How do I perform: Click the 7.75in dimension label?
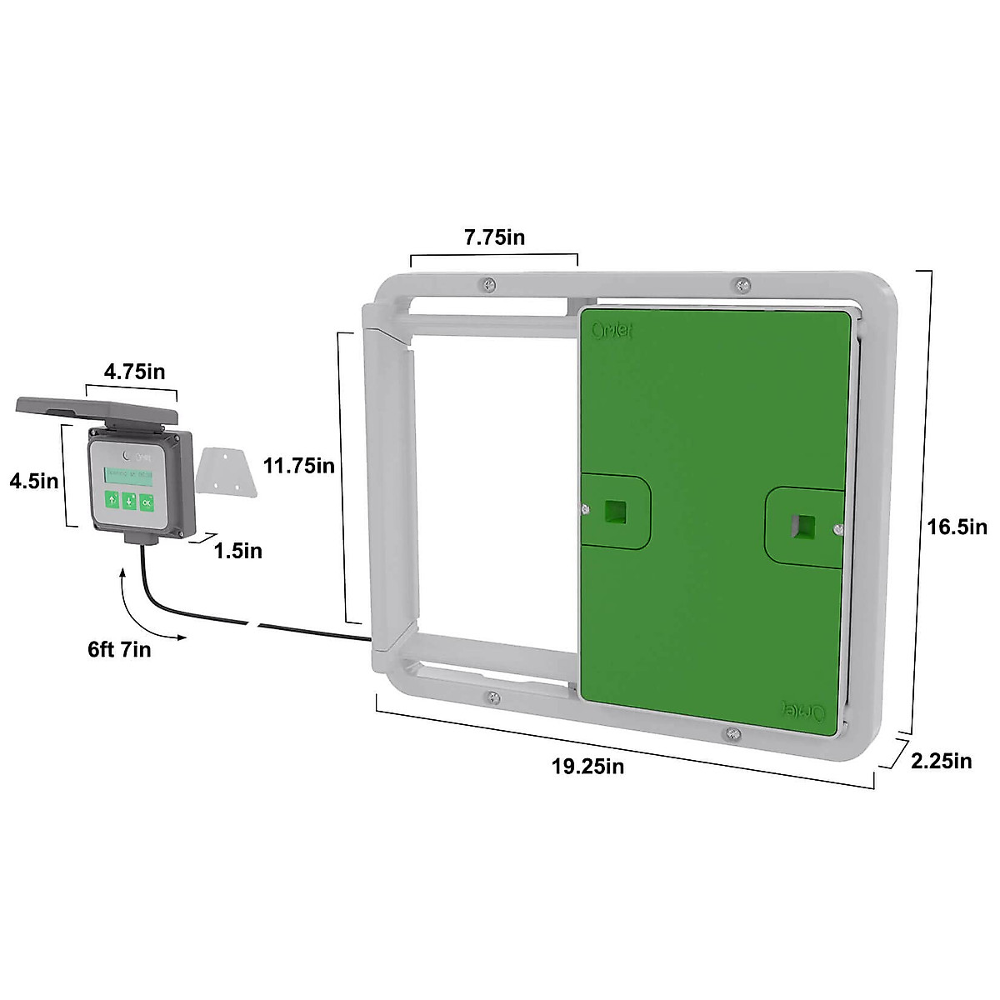coord(494,237)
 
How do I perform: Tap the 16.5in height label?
coord(957,527)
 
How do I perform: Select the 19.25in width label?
coord(587,766)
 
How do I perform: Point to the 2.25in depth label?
coord(942,760)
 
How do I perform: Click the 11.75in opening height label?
coord(299,466)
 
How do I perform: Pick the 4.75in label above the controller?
coord(134,372)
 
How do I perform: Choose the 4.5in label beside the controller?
coord(33,481)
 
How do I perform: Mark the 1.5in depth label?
coord(237,551)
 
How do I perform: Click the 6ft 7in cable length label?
coord(120,649)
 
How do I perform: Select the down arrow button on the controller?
coord(129,502)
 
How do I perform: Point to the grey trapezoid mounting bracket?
coord(225,471)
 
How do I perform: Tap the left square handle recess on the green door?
coord(615,511)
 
